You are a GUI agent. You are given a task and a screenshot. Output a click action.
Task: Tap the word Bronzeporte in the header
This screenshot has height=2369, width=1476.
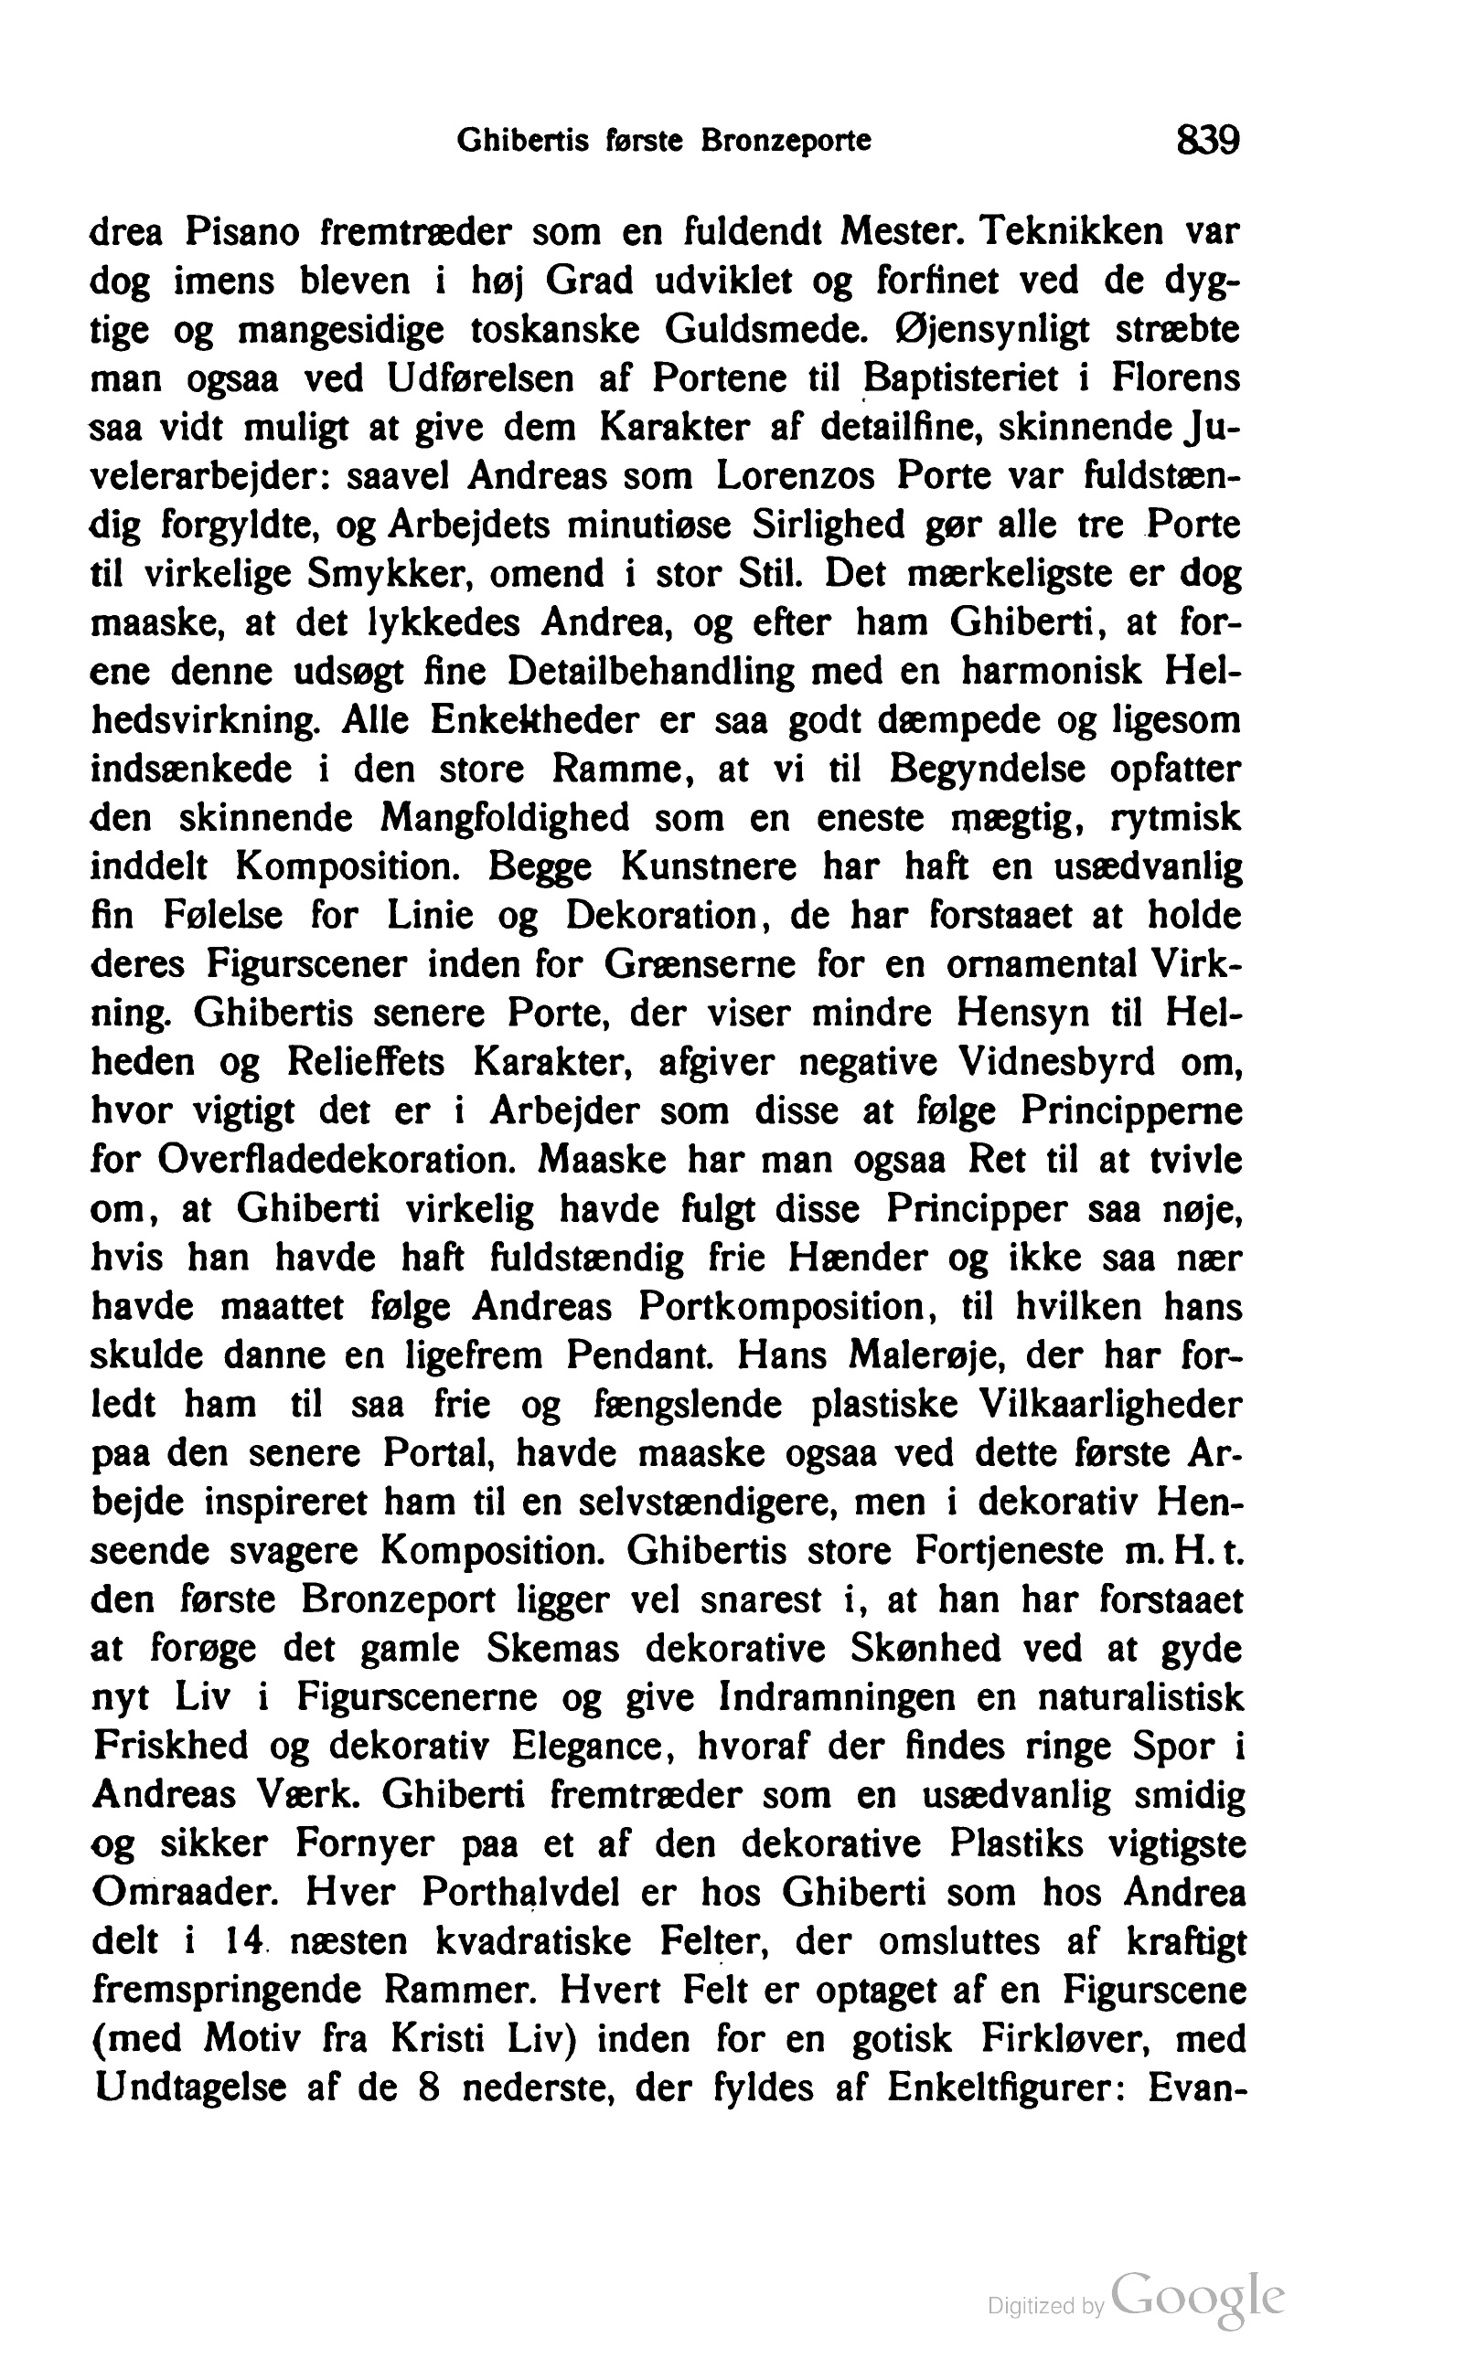(x=785, y=143)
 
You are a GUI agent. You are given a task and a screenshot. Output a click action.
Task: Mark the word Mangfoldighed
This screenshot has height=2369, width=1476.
(x=506, y=818)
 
